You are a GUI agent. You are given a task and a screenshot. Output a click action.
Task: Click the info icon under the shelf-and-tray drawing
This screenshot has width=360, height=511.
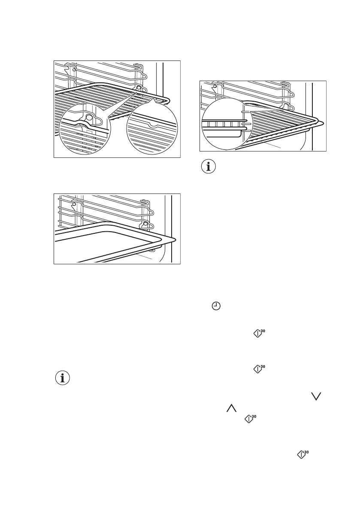209,167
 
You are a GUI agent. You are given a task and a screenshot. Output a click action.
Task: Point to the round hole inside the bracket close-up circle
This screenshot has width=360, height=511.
89,117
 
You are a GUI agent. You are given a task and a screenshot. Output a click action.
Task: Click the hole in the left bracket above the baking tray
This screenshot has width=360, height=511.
74,205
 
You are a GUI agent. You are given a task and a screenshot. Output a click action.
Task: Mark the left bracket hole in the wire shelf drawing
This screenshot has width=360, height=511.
74,69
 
